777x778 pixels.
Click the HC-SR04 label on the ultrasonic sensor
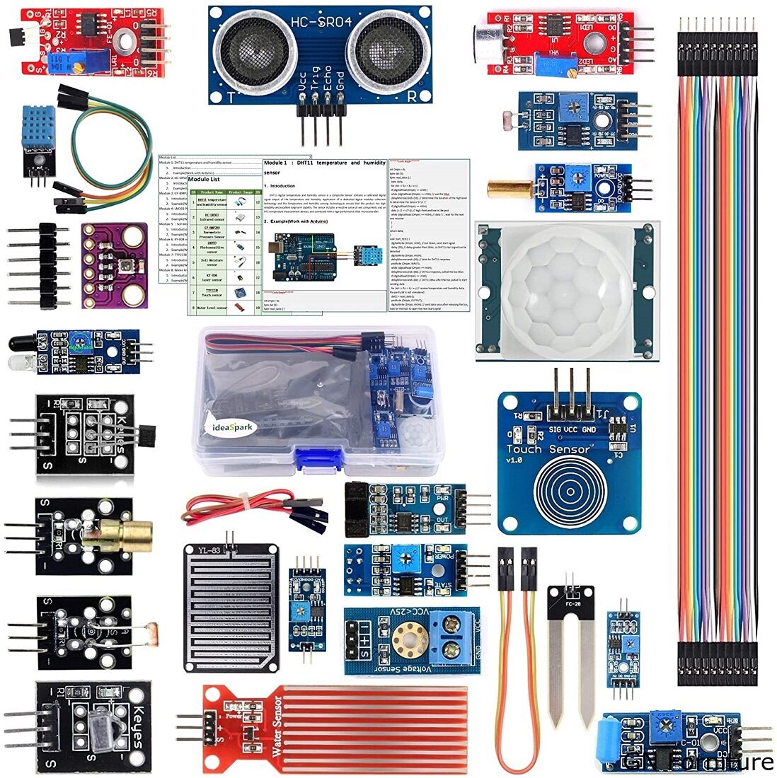[321, 23]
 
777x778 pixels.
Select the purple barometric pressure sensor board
[114, 266]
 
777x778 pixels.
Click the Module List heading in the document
[205, 180]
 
